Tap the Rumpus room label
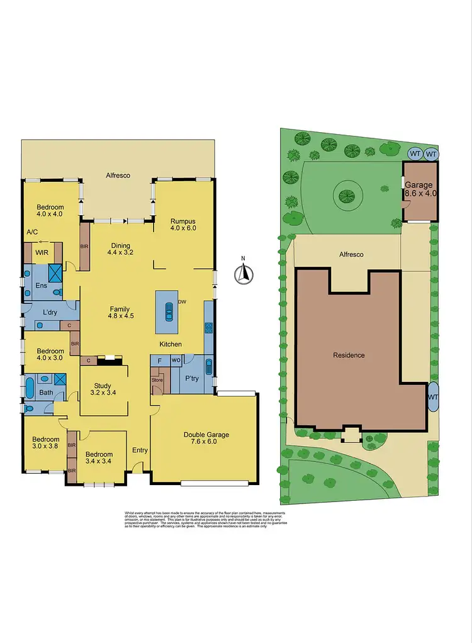coord(183,225)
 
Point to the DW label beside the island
coord(182,303)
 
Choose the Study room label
coord(103,390)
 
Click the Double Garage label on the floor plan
coord(206,438)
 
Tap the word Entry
coord(140,450)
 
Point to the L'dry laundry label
coord(50,313)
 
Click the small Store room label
coord(157,379)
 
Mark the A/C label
coord(33,232)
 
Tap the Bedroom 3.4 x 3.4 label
coord(99,457)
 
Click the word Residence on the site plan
coord(349,355)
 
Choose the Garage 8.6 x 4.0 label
coord(419,189)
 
